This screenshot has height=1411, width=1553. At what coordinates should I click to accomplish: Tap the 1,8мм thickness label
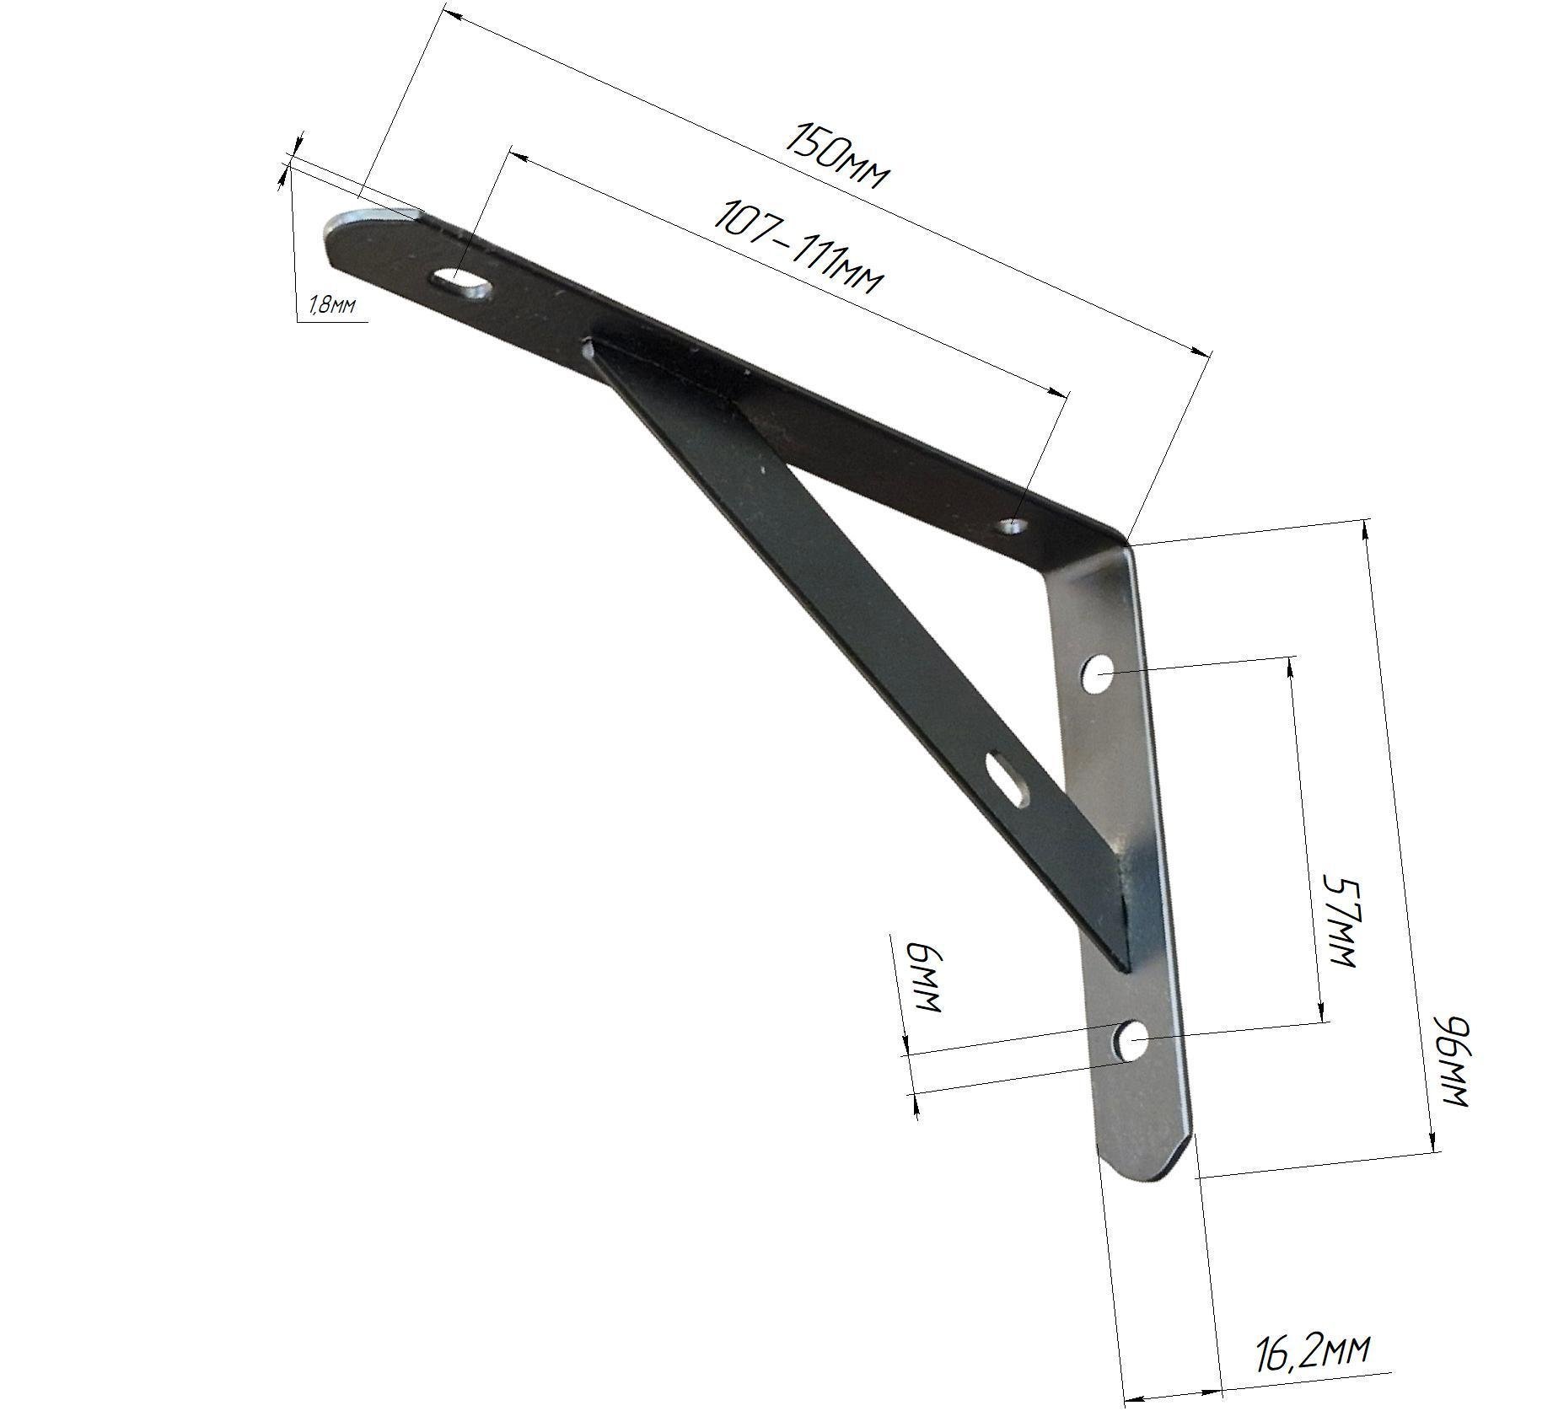332,305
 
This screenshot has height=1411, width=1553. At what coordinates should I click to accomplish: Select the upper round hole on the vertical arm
1098,674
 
